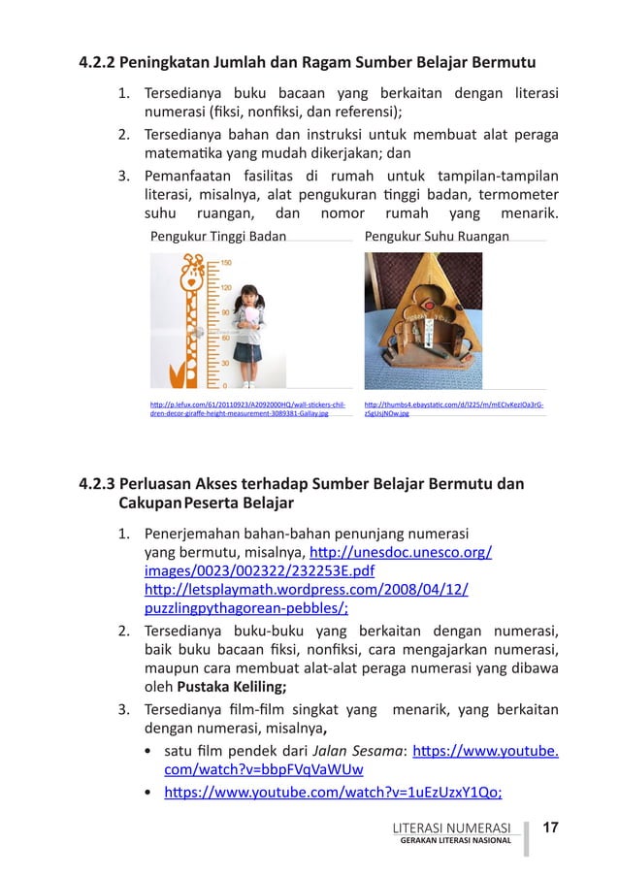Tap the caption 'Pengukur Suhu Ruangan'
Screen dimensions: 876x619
point(436,236)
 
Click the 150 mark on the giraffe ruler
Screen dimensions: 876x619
point(225,262)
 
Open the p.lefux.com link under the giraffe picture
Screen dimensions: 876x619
point(247,407)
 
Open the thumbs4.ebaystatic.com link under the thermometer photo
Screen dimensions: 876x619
point(453,407)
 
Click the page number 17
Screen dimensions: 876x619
point(551,827)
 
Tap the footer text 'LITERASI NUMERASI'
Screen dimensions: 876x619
point(449,827)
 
